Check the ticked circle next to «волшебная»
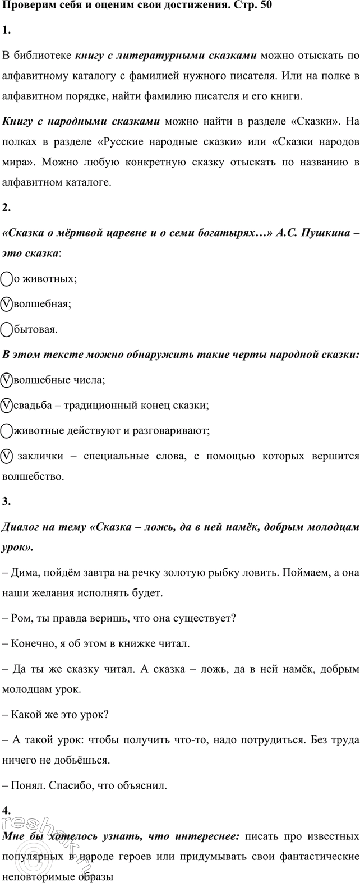pyautogui.click(x=7, y=303)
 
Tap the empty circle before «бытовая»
pyautogui.click(x=7, y=329)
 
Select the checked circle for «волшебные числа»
pyautogui.click(x=7, y=380)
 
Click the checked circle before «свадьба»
pyautogui.click(x=7, y=405)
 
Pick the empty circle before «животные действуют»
pyautogui.click(x=7, y=431)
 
